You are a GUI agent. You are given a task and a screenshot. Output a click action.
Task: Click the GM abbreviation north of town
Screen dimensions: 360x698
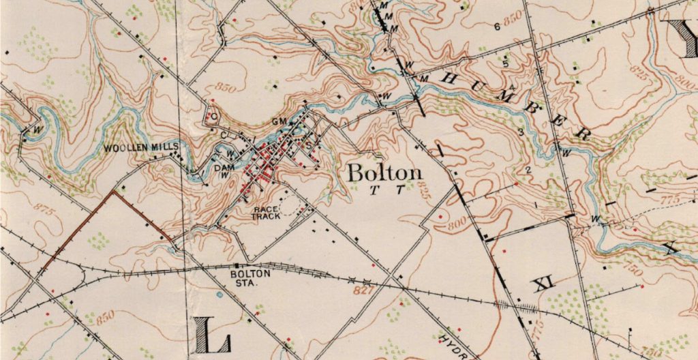click(x=277, y=121)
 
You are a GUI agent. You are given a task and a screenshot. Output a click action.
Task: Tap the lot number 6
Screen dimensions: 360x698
click(x=497, y=27)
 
